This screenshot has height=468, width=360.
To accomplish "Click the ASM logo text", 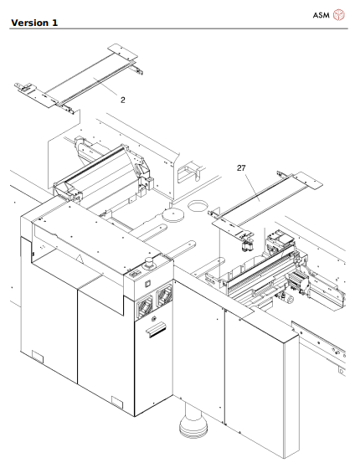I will (x=321, y=15).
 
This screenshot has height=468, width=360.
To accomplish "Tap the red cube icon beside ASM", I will (x=339, y=15).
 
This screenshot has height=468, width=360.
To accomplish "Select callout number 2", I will (x=123, y=100).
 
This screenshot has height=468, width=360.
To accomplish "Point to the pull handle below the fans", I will (x=155, y=332).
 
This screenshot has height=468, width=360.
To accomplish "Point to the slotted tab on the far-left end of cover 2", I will (x=25, y=85).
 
